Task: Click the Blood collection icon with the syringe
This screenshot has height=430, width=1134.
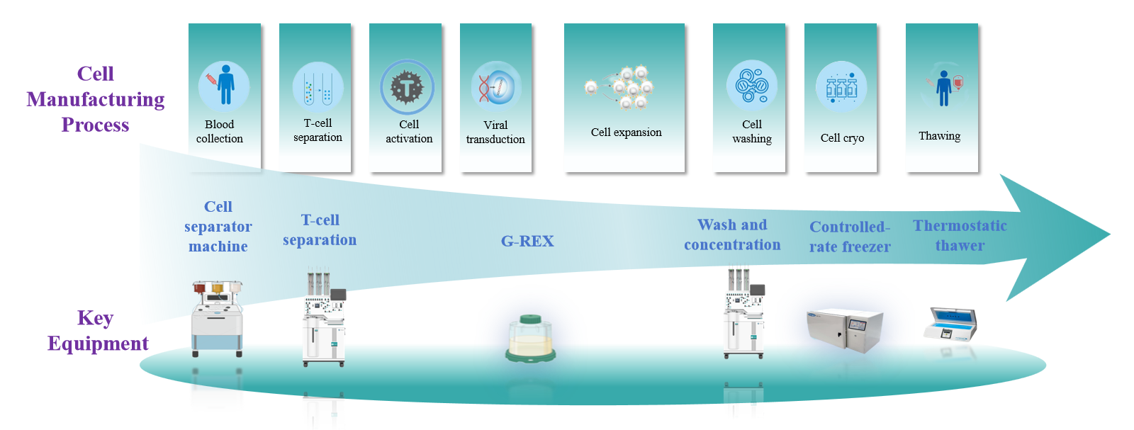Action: (x=223, y=86)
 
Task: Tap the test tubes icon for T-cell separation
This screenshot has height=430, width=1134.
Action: (x=318, y=87)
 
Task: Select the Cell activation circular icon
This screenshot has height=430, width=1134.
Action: (x=407, y=87)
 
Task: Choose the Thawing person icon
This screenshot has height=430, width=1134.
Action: (x=943, y=86)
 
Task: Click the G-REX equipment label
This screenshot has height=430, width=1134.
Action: (x=527, y=242)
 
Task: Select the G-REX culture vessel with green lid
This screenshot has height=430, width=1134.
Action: (x=531, y=338)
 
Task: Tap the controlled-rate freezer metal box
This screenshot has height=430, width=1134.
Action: (x=845, y=330)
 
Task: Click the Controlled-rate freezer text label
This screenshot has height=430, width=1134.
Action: (x=850, y=237)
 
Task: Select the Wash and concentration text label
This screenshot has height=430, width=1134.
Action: (x=732, y=234)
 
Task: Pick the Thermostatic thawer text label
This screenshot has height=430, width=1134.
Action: (x=960, y=235)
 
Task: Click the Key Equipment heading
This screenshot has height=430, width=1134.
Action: (x=97, y=331)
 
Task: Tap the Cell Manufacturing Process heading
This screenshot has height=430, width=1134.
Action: (x=96, y=99)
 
